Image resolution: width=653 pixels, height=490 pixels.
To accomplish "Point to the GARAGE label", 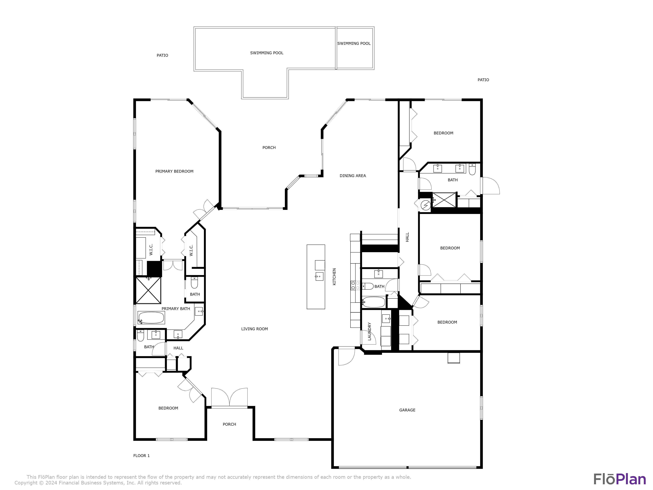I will pos(407,410).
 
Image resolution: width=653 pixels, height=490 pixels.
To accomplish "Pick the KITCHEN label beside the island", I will pos(334,277).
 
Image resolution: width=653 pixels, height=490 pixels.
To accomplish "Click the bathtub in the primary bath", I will pos(151,318).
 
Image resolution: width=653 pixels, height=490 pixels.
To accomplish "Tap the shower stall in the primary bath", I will pos(148,290).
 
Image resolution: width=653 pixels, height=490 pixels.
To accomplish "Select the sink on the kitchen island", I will pos(319,277).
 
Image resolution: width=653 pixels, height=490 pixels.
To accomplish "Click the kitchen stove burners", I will pos(355,285).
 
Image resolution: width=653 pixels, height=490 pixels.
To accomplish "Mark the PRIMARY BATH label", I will pos(176,309).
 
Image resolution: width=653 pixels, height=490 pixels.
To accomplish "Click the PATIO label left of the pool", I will pos(162,55).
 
